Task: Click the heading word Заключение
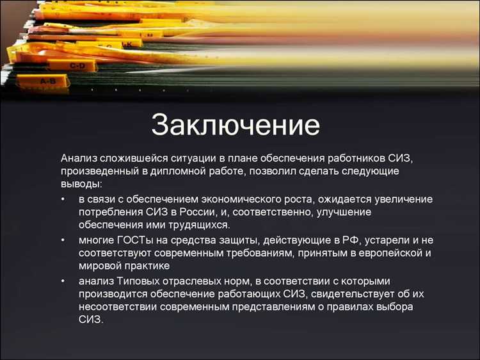236,125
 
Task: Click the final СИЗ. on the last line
91,320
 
